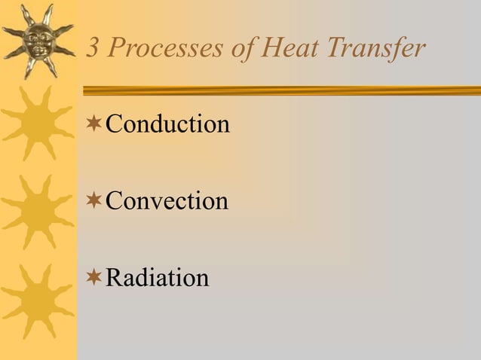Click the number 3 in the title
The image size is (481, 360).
tap(94, 49)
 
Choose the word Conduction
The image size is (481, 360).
tap(167, 124)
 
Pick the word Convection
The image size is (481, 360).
tap(167, 201)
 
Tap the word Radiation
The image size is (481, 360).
tap(157, 278)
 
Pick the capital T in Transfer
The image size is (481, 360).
tap(335, 49)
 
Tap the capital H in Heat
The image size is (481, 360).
tap(271, 49)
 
